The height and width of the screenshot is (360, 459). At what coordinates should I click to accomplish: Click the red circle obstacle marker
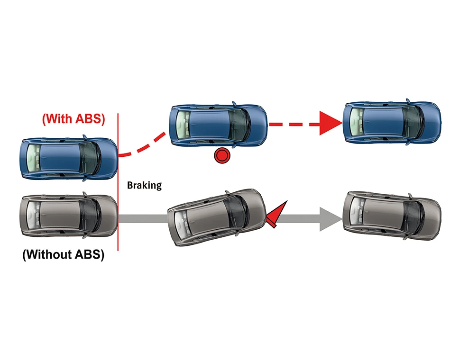221,155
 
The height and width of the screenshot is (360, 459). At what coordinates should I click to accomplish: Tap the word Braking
144,185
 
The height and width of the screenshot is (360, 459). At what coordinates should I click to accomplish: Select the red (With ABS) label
73,118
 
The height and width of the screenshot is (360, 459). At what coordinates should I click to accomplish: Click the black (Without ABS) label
63,254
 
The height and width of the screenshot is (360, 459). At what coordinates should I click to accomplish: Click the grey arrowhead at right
330,219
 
